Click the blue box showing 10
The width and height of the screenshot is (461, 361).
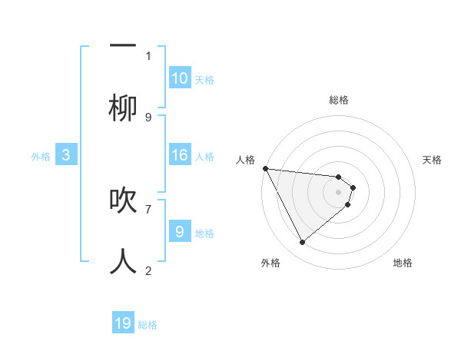click(x=180, y=78)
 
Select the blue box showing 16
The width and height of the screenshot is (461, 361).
click(x=180, y=156)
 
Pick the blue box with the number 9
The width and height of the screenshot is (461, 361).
click(x=180, y=231)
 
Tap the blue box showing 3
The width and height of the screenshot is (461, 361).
click(x=66, y=156)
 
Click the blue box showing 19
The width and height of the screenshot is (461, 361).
click(x=123, y=323)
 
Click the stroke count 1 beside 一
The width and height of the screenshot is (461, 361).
click(x=148, y=55)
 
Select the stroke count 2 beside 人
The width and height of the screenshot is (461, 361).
click(x=148, y=270)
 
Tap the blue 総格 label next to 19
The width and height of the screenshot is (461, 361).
click(x=148, y=326)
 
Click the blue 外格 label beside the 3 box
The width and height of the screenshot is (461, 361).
click(x=41, y=157)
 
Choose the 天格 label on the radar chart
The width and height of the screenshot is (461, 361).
click(x=433, y=160)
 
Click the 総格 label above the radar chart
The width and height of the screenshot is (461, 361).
click(x=339, y=100)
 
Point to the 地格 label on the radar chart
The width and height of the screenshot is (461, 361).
click(x=403, y=263)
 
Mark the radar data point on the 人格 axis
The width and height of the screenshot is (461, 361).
click(x=265, y=168)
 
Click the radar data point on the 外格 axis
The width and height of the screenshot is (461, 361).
click(x=302, y=243)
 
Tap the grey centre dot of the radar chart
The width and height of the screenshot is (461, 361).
click(x=339, y=192)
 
